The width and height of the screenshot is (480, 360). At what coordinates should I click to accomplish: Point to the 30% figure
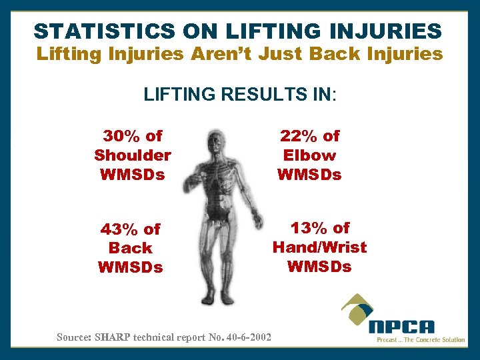121,136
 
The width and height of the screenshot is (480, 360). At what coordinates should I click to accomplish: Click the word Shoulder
133,155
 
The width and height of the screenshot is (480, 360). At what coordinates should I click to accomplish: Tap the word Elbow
309,155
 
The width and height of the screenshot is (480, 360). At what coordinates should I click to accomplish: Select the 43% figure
119,229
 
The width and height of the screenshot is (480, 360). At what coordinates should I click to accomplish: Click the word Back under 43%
130,248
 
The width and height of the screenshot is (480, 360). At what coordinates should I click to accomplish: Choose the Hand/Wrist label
319,247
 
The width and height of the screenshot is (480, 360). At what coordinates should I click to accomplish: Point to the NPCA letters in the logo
402,327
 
